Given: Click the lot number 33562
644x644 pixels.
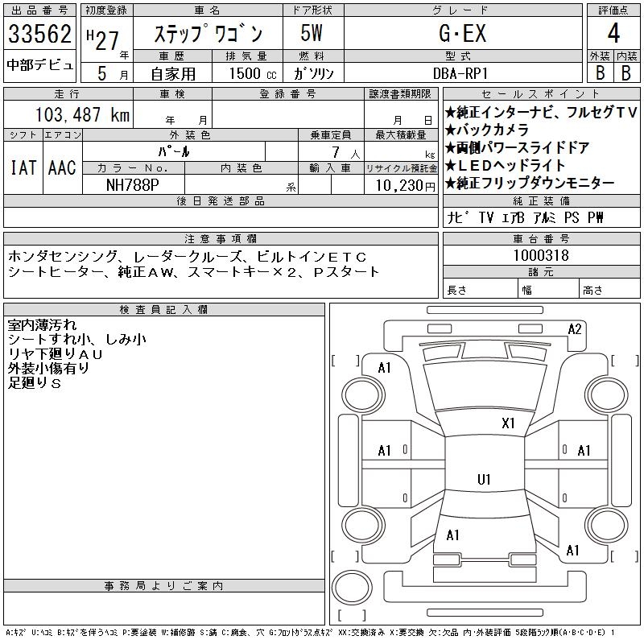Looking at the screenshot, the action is [39, 34].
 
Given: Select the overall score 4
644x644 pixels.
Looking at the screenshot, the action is [613, 33].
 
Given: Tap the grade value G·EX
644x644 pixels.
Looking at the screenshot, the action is [463, 33].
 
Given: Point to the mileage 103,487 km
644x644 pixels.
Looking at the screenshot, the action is [83, 114].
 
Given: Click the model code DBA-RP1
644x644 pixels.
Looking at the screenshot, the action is [460, 73].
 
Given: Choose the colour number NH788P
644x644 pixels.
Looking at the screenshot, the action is [132, 185].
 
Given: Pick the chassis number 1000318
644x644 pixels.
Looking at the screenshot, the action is [541, 255].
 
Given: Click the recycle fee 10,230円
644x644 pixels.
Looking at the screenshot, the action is [406, 186].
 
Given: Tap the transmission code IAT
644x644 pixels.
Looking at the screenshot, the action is [23, 167].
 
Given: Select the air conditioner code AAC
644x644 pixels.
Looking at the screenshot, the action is [62, 167].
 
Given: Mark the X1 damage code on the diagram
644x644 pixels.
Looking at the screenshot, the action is [508, 423].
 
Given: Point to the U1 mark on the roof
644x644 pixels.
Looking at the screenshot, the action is [484, 479].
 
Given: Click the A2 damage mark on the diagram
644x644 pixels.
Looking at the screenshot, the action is [575, 329].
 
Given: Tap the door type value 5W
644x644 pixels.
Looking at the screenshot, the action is [312, 33].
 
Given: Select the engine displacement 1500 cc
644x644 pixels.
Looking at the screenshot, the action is [253, 73].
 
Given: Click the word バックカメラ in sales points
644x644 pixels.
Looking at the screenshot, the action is [492, 130].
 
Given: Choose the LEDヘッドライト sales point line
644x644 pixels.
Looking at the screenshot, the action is [505, 165].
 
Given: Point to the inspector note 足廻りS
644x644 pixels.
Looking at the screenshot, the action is [35, 383].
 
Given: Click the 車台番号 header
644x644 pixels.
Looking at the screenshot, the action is [541, 238].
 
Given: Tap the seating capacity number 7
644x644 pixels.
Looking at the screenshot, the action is [336, 152].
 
